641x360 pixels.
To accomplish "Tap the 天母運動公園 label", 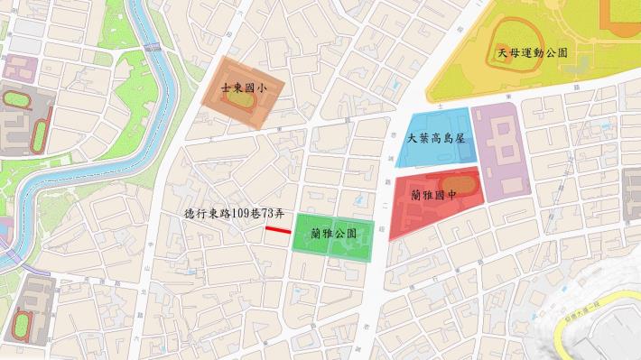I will [x=532, y=53].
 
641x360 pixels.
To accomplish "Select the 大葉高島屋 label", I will [x=435, y=139].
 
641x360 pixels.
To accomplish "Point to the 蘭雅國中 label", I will [x=434, y=194].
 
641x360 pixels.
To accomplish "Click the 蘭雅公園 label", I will [x=332, y=233].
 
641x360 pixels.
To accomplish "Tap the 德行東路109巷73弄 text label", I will [x=234, y=214].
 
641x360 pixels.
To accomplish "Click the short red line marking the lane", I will [x=278, y=231].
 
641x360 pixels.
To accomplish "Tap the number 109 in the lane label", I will [x=239, y=214].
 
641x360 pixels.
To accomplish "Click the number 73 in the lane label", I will [x=268, y=214].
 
